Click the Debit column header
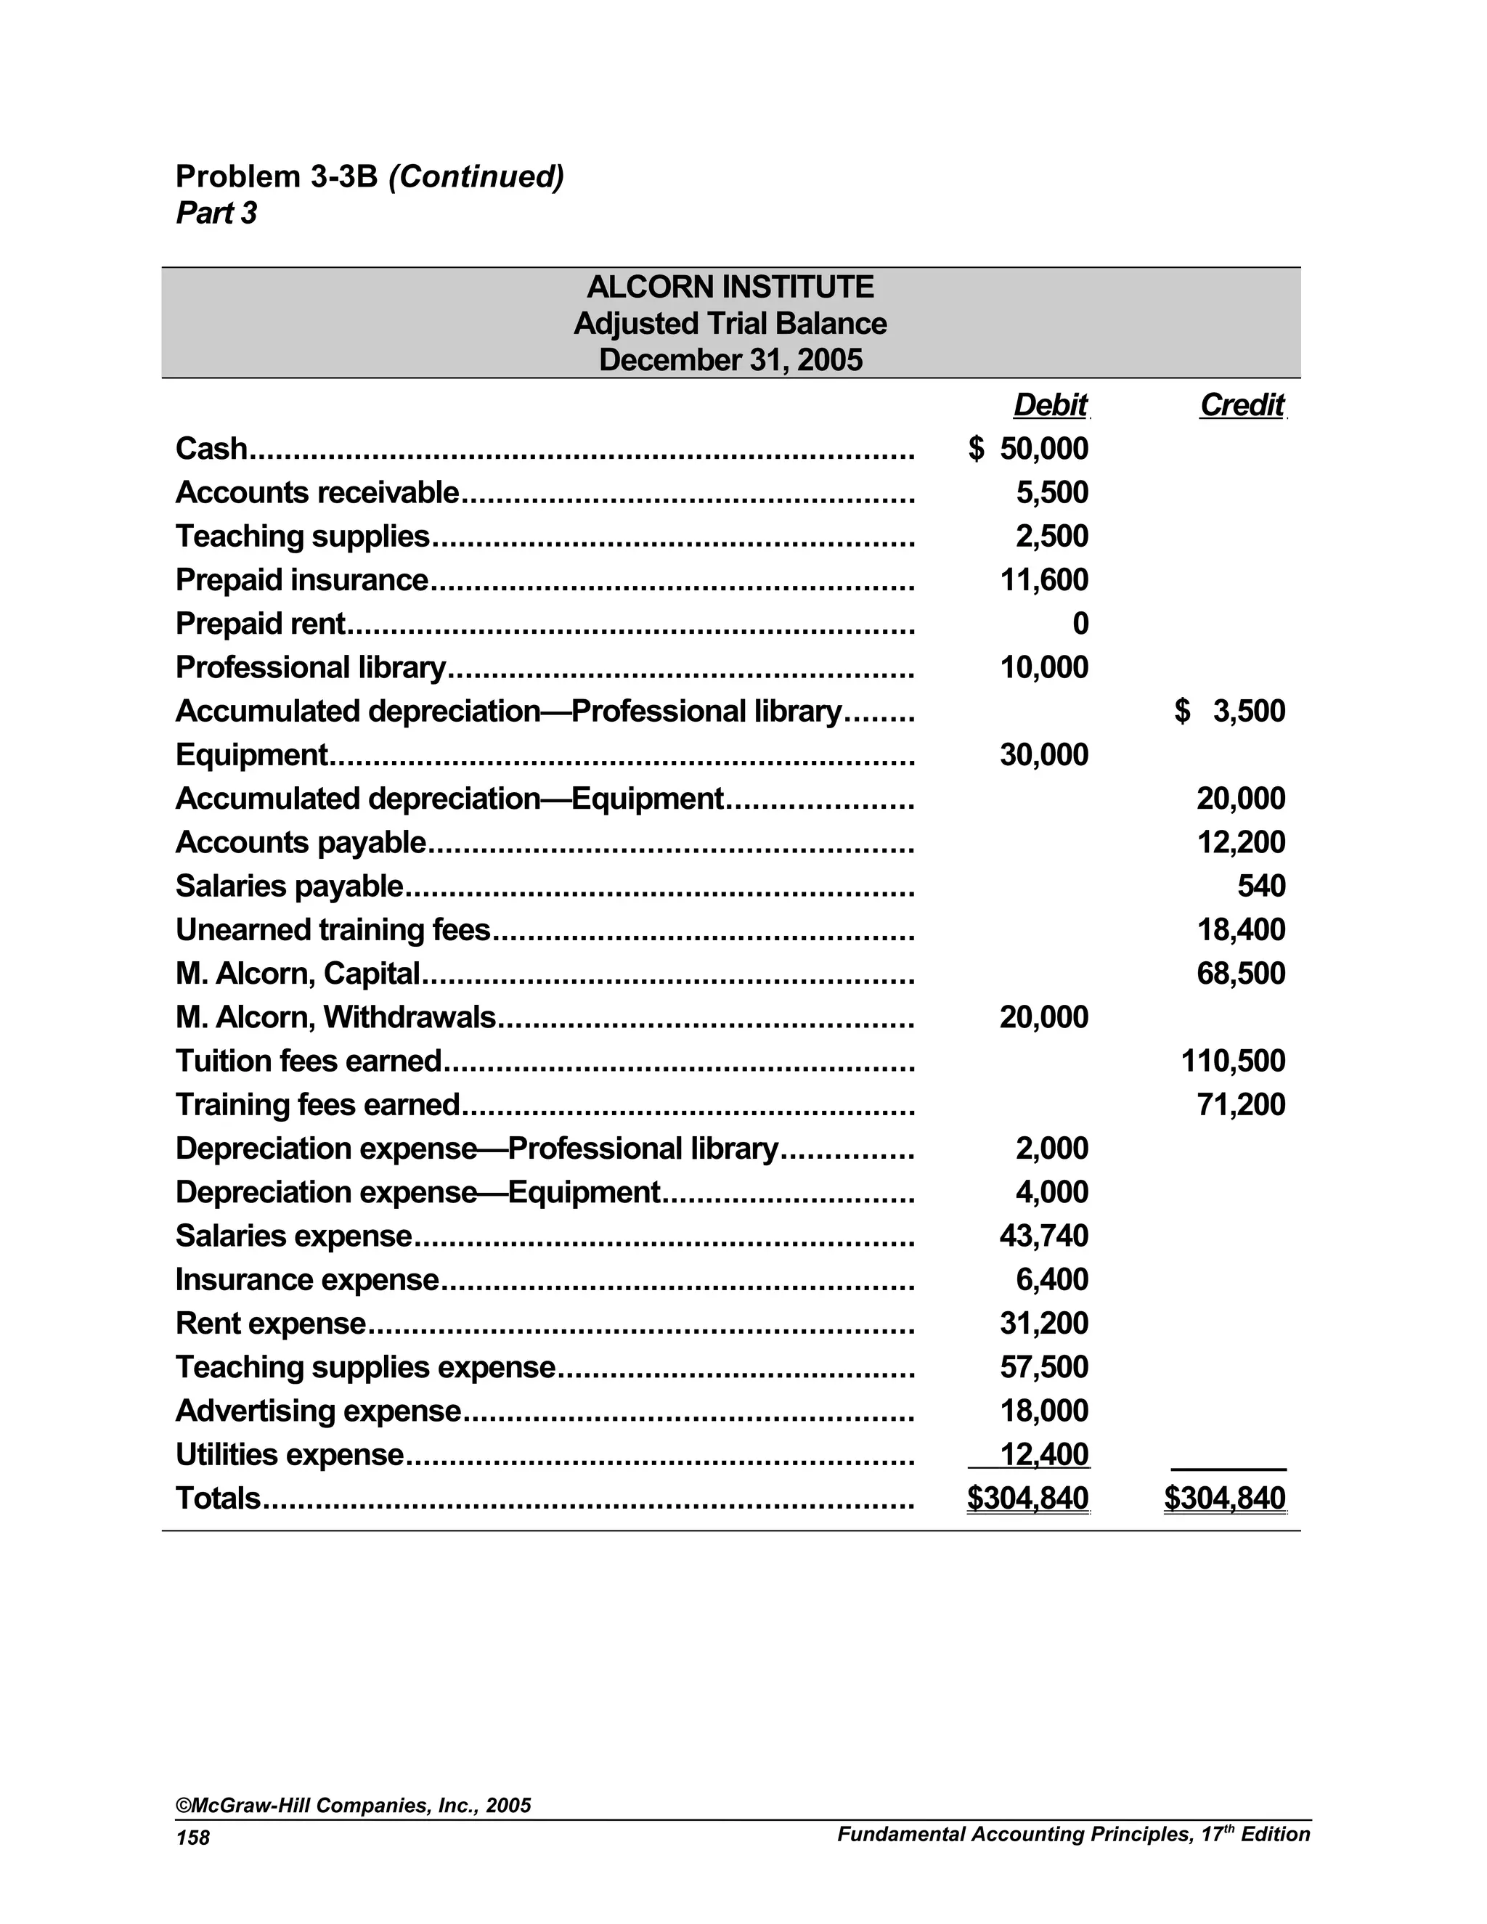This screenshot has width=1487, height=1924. [x=1050, y=405]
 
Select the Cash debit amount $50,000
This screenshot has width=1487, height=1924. [x=1029, y=449]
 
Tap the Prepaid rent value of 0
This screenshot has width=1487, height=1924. [x=1080, y=624]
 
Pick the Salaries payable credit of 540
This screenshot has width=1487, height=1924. [x=1260, y=886]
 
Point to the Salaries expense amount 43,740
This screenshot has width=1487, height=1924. [x=1044, y=1236]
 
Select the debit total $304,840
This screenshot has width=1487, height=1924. [x=1028, y=1499]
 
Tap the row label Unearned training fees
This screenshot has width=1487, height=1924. [x=333, y=930]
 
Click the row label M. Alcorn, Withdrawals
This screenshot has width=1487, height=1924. [x=335, y=1017]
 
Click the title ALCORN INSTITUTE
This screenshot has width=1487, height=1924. [x=730, y=288]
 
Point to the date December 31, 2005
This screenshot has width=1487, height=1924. [x=730, y=360]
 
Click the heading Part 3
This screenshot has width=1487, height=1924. [x=216, y=213]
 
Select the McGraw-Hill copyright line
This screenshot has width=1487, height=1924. [x=354, y=1805]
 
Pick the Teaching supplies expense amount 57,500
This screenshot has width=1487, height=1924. [x=1044, y=1367]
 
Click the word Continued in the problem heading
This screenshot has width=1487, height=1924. [x=476, y=176]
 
